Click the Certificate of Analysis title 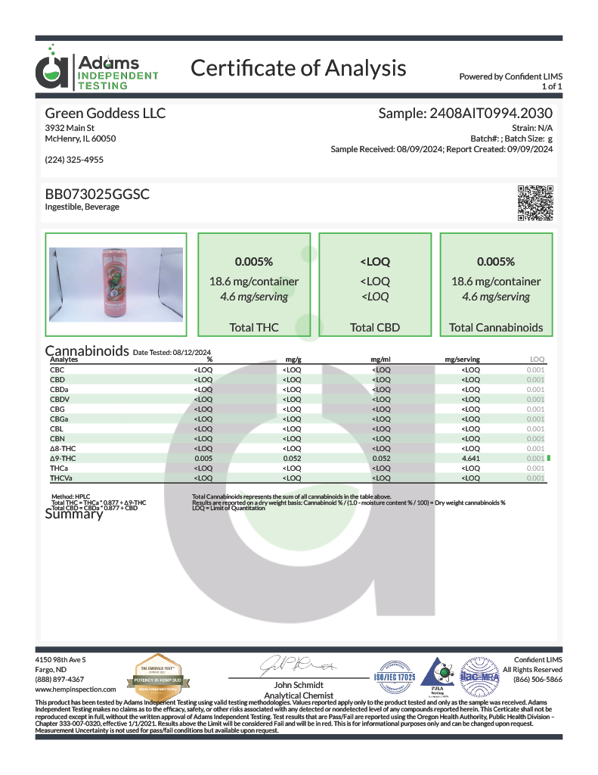[x=298, y=68]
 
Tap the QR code [x=536, y=203]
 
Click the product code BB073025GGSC [x=98, y=195]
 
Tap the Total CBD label [x=375, y=328]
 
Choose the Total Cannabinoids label [x=495, y=328]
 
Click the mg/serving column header [x=463, y=359]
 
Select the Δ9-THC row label [x=63, y=458]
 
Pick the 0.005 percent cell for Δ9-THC [x=203, y=458]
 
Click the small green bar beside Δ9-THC [x=548, y=458]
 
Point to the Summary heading [x=73, y=515]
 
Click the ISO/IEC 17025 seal [x=391, y=671]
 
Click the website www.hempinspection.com [x=76, y=689]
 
